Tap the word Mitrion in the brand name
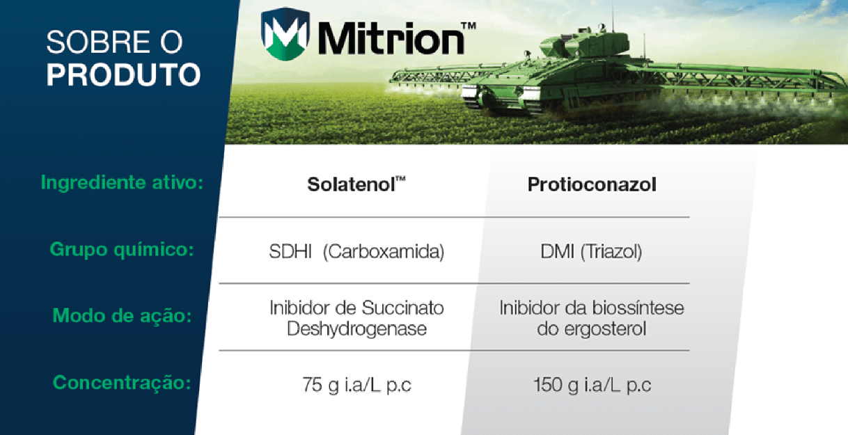[x=390, y=38]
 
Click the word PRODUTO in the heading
[x=123, y=75]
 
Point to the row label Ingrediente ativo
[x=122, y=184]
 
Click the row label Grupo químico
[x=121, y=249]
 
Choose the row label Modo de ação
[x=122, y=315]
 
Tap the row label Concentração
[x=122, y=382]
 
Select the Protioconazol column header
[x=592, y=184]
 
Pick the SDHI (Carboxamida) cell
[x=356, y=251]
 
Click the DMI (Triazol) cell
[x=591, y=251]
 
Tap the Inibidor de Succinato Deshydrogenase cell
[x=356, y=318]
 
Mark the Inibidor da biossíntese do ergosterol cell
[x=591, y=318]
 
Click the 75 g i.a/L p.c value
[x=356, y=385]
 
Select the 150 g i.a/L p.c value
[x=592, y=385]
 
